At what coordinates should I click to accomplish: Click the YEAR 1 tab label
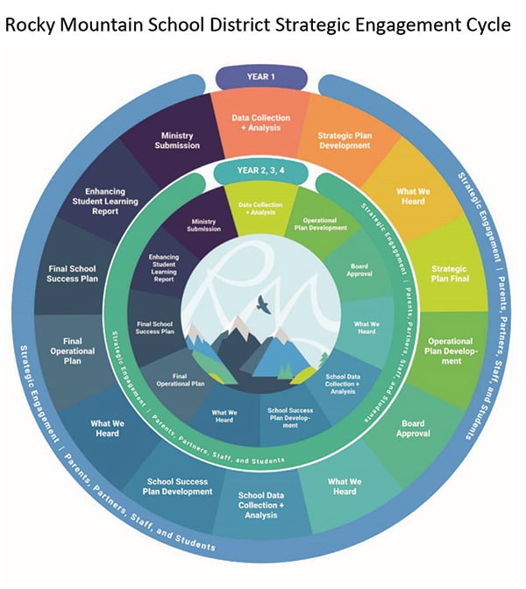[x=261, y=77]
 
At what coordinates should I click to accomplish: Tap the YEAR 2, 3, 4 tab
[x=260, y=171]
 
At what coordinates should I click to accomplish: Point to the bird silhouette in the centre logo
[x=264, y=304]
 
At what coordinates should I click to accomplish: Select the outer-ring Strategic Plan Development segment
[x=345, y=141]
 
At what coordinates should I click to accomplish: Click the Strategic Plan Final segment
[x=450, y=273]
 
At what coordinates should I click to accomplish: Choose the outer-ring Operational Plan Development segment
[x=450, y=351]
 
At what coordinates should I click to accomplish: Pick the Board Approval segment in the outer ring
[x=413, y=429]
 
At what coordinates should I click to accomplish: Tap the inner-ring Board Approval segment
[x=359, y=270]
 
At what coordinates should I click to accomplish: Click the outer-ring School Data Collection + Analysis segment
[x=261, y=505]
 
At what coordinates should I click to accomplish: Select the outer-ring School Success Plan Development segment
[x=177, y=486]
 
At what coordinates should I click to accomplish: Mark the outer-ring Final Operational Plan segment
[x=72, y=351]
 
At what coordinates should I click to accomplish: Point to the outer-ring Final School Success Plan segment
[x=72, y=273]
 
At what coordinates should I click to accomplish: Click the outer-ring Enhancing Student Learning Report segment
[x=105, y=202]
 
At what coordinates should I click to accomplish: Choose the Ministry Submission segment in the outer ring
[x=177, y=140]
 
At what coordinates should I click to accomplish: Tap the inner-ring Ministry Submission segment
[x=203, y=225]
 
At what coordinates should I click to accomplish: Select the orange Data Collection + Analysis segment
[x=260, y=123]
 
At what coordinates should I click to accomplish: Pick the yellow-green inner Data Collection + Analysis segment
[x=260, y=209]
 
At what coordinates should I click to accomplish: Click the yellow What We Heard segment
[x=413, y=196]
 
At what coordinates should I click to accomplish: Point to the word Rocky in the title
[x=30, y=25]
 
